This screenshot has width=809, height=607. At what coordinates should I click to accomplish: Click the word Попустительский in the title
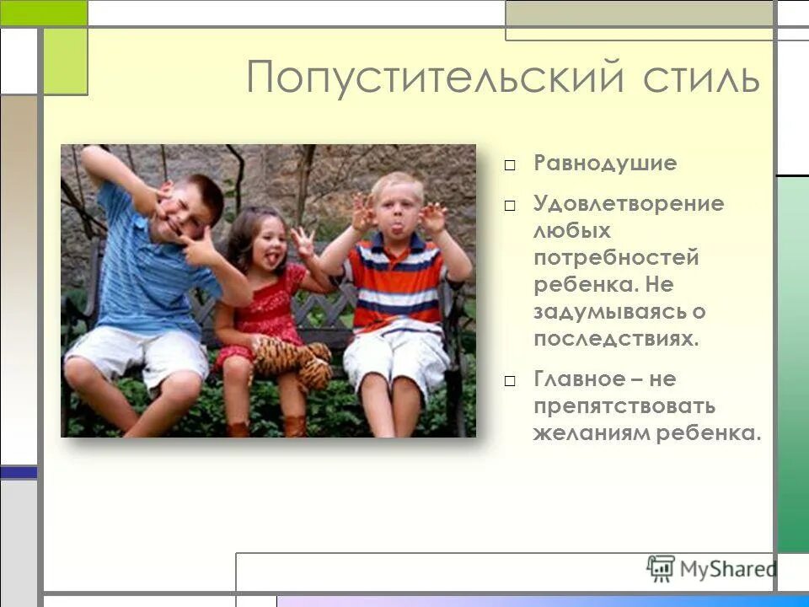436,78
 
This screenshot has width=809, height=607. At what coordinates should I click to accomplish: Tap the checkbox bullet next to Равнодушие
511,165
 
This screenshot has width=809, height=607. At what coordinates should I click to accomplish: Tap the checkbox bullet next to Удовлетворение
511,205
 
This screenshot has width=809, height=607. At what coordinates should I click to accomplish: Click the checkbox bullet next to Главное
511,380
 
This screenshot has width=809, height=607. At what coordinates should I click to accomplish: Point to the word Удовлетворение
628,204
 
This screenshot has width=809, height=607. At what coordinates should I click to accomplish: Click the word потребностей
615,258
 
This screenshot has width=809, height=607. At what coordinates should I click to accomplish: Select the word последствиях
616,339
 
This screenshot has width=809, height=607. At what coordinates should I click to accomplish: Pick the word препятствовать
624,406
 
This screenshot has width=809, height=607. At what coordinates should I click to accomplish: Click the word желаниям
585,433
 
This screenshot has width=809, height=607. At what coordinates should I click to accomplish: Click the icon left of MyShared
661,569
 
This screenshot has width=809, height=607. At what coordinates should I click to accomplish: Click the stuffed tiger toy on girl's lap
292,359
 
